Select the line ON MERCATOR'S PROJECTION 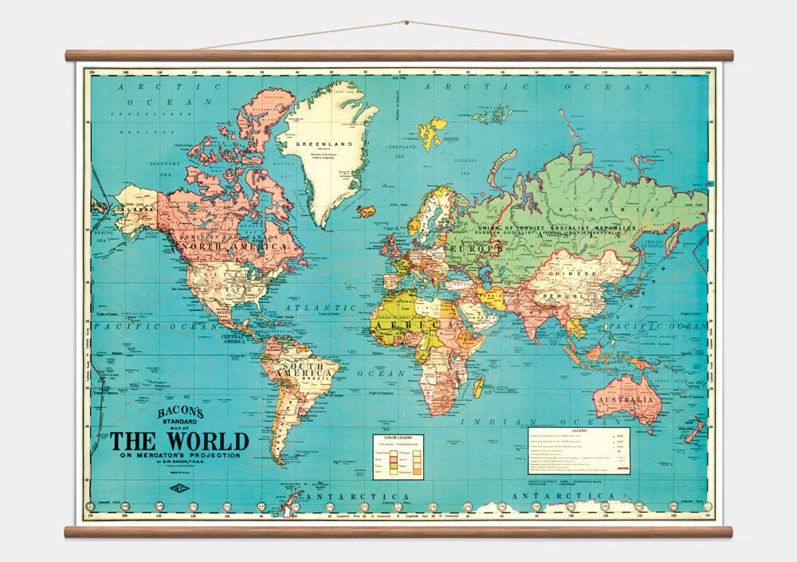tap(179, 455)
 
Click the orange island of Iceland tap(367, 211)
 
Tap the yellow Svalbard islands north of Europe tap(433, 133)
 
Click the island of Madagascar tap(478, 387)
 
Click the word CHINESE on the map tap(571, 274)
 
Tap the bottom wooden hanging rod tap(398, 531)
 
